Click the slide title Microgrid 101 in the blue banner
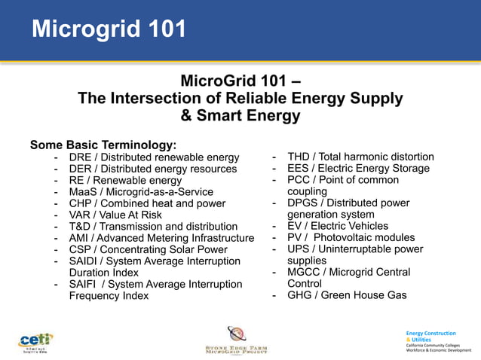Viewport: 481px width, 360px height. click(x=109, y=29)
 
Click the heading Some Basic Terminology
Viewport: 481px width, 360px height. click(x=103, y=145)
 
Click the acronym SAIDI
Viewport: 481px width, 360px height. click(x=85, y=261)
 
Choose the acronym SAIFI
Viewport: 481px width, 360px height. click(x=84, y=284)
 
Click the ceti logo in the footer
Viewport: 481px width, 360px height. click(x=35, y=340)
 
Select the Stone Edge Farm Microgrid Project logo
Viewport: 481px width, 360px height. click(x=236, y=340)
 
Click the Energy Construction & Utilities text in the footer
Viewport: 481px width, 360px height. click(x=430, y=336)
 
